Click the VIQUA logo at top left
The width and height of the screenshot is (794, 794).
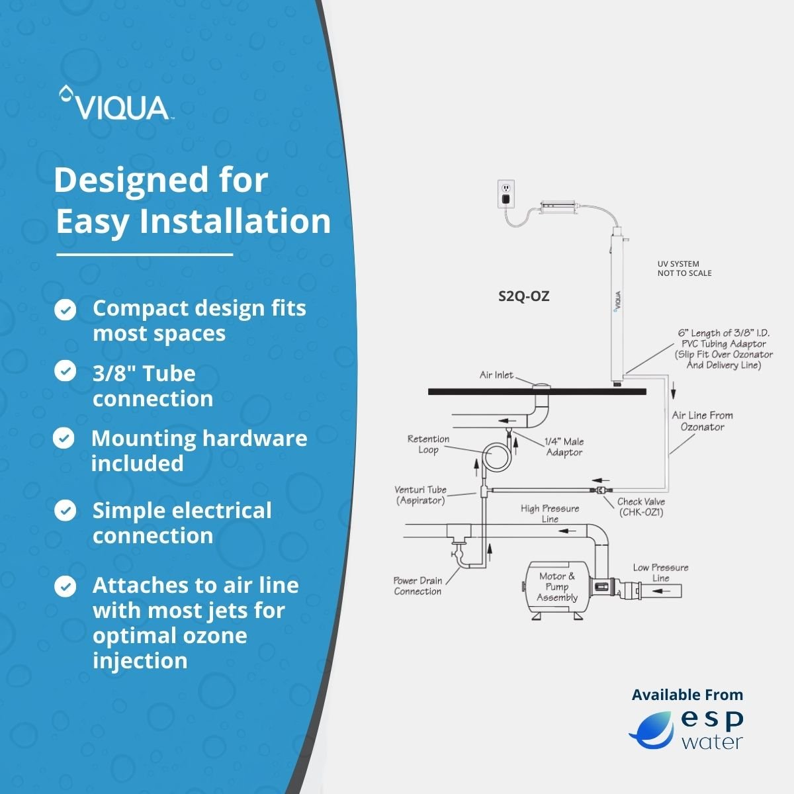pyautogui.click(x=116, y=105)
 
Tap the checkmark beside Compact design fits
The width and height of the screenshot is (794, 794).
pyautogui.click(x=65, y=310)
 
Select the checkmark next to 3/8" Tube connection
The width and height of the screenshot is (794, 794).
pyautogui.click(x=65, y=371)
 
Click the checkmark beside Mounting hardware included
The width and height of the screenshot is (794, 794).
pyautogui.click(x=64, y=438)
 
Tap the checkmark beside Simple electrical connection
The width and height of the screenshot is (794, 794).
pyautogui.click(x=65, y=510)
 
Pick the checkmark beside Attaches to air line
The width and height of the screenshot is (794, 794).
pyautogui.click(x=65, y=586)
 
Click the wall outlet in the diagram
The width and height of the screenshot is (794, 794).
pyautogui.click(x=506, y=191)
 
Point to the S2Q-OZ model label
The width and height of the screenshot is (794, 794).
pyautogui.click(x=523, y=296)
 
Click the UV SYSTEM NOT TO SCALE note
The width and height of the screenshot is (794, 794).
pyautogui.click(x=684, y=268)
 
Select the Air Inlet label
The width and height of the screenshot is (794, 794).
pyautogui.click(x=496, y=375)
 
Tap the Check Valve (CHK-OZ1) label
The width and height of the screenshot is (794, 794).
pyautogui.click(x=640, y=507)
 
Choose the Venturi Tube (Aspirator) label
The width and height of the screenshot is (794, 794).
pyautogui.click(x=421, y=495)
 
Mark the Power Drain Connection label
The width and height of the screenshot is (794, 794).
pyautogui.click(x=418, y=586)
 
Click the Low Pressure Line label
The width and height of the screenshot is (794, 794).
pyautogui.click(x=660, y=572)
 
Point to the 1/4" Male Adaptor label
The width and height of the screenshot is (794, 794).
pyautogui.click(x=564, y=447)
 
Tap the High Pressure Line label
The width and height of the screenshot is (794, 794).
pyautogui.click(x=549, y=513)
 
